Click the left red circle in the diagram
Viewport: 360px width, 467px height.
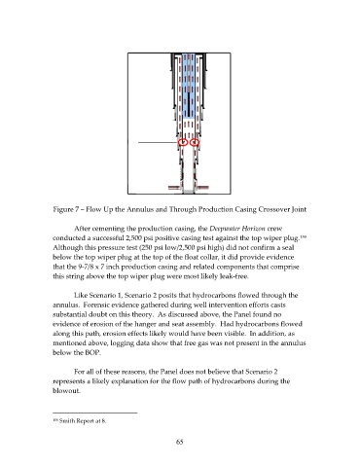(179, 142)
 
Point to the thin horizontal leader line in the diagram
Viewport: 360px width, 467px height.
(159, 142)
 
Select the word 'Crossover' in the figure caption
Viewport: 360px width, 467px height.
(274, 209)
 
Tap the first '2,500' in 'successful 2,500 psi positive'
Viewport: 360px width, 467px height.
(133, 238)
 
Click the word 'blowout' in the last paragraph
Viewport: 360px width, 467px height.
(66, 390)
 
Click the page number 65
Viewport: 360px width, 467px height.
(180, 442)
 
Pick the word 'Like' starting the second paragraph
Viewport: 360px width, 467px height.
(80, 296)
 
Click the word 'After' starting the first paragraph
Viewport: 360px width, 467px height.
(81, 229)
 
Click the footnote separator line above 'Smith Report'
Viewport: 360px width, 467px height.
(95, 413)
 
